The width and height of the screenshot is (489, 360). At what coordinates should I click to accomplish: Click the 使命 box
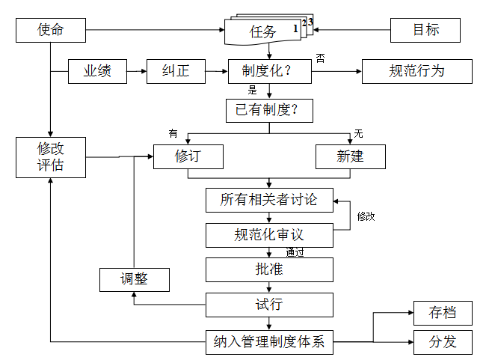click(50, 31)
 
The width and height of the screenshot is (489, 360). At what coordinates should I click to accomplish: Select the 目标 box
click(425, 31)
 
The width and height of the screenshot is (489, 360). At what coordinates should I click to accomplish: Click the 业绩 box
click(97, 72)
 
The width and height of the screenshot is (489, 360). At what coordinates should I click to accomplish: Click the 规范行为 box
click(416, 72)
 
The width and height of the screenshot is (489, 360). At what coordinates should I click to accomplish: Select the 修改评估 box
click(50, 157)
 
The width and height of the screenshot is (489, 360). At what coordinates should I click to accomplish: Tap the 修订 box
click(188, 156)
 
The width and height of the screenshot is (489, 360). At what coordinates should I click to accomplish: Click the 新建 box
click(350, 156)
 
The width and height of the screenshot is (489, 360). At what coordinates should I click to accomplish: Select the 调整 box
click(135, 279)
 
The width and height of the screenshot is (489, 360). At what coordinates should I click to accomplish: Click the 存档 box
click(443, 313)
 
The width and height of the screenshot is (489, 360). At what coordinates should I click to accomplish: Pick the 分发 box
click(443, 343)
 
